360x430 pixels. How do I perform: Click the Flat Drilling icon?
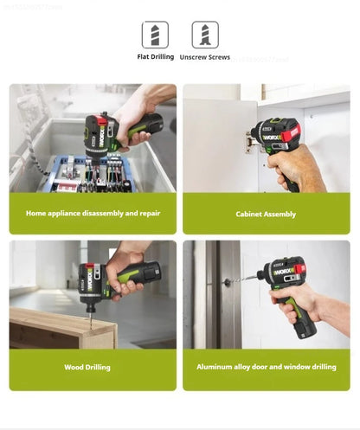click(156, 35)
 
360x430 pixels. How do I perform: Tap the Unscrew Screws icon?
click(205, 35)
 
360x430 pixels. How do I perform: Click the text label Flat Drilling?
click(156, 57)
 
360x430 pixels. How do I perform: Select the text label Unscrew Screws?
click(205, 57)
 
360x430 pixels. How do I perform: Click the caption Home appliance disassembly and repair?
click(93, 213)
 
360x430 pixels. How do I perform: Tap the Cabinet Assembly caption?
click(266, 214)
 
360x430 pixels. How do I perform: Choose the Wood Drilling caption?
click(87, 367)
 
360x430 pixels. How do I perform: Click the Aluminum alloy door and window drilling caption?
click(266, 367)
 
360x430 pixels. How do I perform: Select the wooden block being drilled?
click(61, 329)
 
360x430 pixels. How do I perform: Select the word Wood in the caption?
click(74, 367)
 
